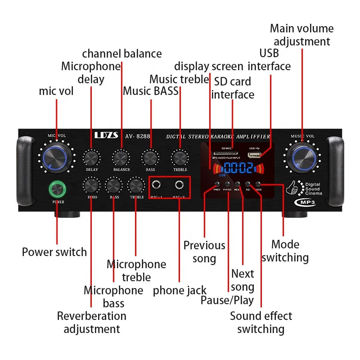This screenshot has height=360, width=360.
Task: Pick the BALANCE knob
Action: (121, 158)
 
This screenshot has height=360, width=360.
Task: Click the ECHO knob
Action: (91, 186)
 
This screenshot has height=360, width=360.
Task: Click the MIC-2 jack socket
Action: (181, 184)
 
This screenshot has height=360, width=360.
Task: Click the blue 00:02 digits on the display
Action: (238, 168)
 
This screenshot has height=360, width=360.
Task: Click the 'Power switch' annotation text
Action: (54, 252)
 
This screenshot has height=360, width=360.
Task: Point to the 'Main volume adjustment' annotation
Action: (302, 35)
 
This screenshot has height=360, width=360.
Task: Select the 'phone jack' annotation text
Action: (180, 291)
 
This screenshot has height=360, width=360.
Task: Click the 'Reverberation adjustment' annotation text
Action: (92, 322)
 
